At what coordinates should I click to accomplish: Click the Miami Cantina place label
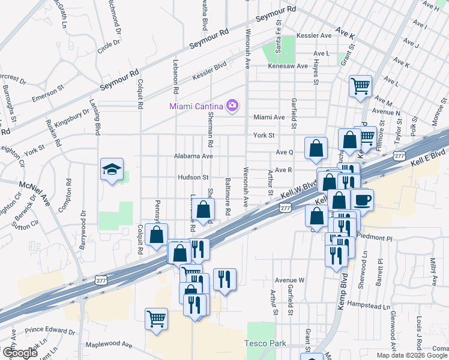(196, 106)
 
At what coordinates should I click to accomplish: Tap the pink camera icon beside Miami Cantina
(232, 106)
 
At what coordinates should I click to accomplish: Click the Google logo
(19, 353)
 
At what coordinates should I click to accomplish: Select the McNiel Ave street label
(34, 194)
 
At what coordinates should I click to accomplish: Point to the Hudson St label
(193, 178)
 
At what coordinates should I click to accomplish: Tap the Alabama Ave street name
(193, 155)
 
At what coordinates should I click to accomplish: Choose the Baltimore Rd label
(228, 196)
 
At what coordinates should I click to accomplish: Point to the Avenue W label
(289, 280)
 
